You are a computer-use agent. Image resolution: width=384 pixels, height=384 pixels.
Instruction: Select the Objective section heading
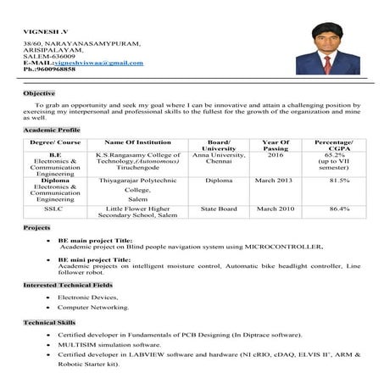(x=39, y=92)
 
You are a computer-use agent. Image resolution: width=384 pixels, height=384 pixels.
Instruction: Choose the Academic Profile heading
(x=53, y=131)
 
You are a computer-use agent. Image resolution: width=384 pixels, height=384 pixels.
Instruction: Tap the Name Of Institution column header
(x=137, y=143)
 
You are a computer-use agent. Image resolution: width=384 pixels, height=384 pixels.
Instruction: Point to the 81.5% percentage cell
(x=339, y=181)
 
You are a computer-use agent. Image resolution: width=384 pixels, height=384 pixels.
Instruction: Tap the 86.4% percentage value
(x=339, y=208)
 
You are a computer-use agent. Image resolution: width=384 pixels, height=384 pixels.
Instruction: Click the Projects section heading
(x=37, y=229)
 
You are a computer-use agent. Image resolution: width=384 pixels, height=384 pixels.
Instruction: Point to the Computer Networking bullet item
(x=92, y=307)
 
